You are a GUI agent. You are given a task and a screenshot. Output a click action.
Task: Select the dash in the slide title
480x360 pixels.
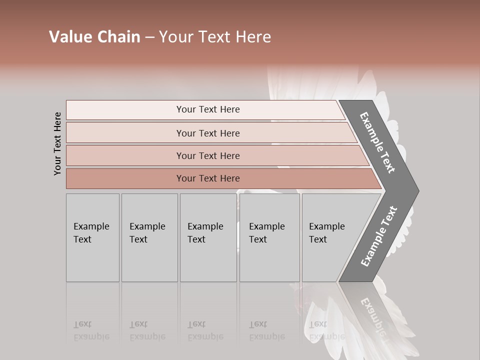pyautogui.click(x=149, y=37)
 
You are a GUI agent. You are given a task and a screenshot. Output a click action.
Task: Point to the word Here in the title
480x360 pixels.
pyautogui.click(x=253, y=37)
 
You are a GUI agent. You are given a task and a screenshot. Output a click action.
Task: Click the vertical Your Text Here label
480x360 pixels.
pyautogui.click(x=57, y=144)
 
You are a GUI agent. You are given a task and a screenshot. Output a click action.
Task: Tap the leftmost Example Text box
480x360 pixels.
pyautogui.click(x=92, y=237)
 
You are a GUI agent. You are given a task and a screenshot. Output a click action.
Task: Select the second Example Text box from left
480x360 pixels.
pyautogui.click(x=149, y=237)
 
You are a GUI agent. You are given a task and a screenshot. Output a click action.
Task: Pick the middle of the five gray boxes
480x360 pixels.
pyautogui.click(x=208, y=237)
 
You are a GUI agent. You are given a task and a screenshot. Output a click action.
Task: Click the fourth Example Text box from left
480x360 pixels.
pyautogui.click(x=269, y=237)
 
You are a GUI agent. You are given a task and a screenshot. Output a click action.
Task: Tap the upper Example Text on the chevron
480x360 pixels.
pyautogui.click(x=377, y=142)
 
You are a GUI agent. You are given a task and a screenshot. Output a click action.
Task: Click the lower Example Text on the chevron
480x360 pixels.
pyautogui.click(x=378, y=236)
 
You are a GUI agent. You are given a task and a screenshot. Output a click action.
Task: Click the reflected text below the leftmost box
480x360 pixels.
pyautogui.click(x=91, y=330)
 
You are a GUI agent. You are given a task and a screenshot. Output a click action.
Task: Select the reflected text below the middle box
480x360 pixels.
pyautogui.click(x=205, y=330)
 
